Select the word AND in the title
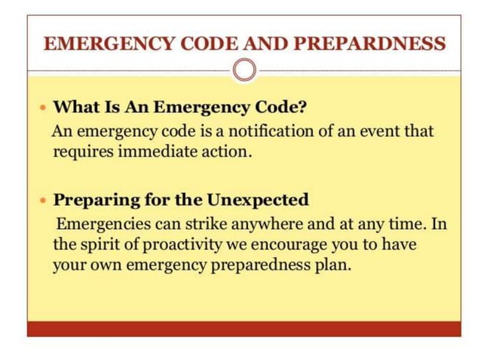pyautogui.click(x=260, y=43)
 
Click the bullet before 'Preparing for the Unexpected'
pyautogui.click(x=42, y=202)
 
